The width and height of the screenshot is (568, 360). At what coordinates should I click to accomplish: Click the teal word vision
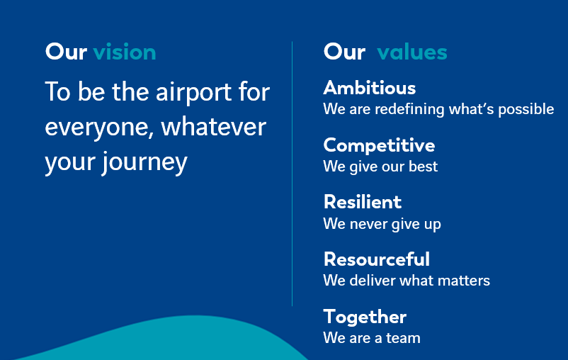click(125, 52)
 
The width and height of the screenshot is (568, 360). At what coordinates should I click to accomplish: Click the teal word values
click(412, 52)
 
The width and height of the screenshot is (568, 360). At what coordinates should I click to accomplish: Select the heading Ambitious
click(370, 88)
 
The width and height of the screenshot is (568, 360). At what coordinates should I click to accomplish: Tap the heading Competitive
click(379, 146)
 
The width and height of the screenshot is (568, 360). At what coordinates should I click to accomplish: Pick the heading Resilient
click(363, 202)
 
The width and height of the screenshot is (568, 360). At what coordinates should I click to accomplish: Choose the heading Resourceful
click(377, 259)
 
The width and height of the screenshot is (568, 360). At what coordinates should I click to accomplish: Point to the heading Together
click(365, 317)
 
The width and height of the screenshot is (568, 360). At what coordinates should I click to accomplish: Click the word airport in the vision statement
click(194, 94)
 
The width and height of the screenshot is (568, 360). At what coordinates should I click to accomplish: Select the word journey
click(144, 163)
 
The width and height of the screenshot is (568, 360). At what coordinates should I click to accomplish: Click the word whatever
click(214, 127)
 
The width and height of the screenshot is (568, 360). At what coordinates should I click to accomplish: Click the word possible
click(526, 109)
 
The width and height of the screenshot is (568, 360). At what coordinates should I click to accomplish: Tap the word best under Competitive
click(423, 167)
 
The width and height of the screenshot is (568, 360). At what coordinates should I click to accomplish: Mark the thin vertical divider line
click(292, 174)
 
